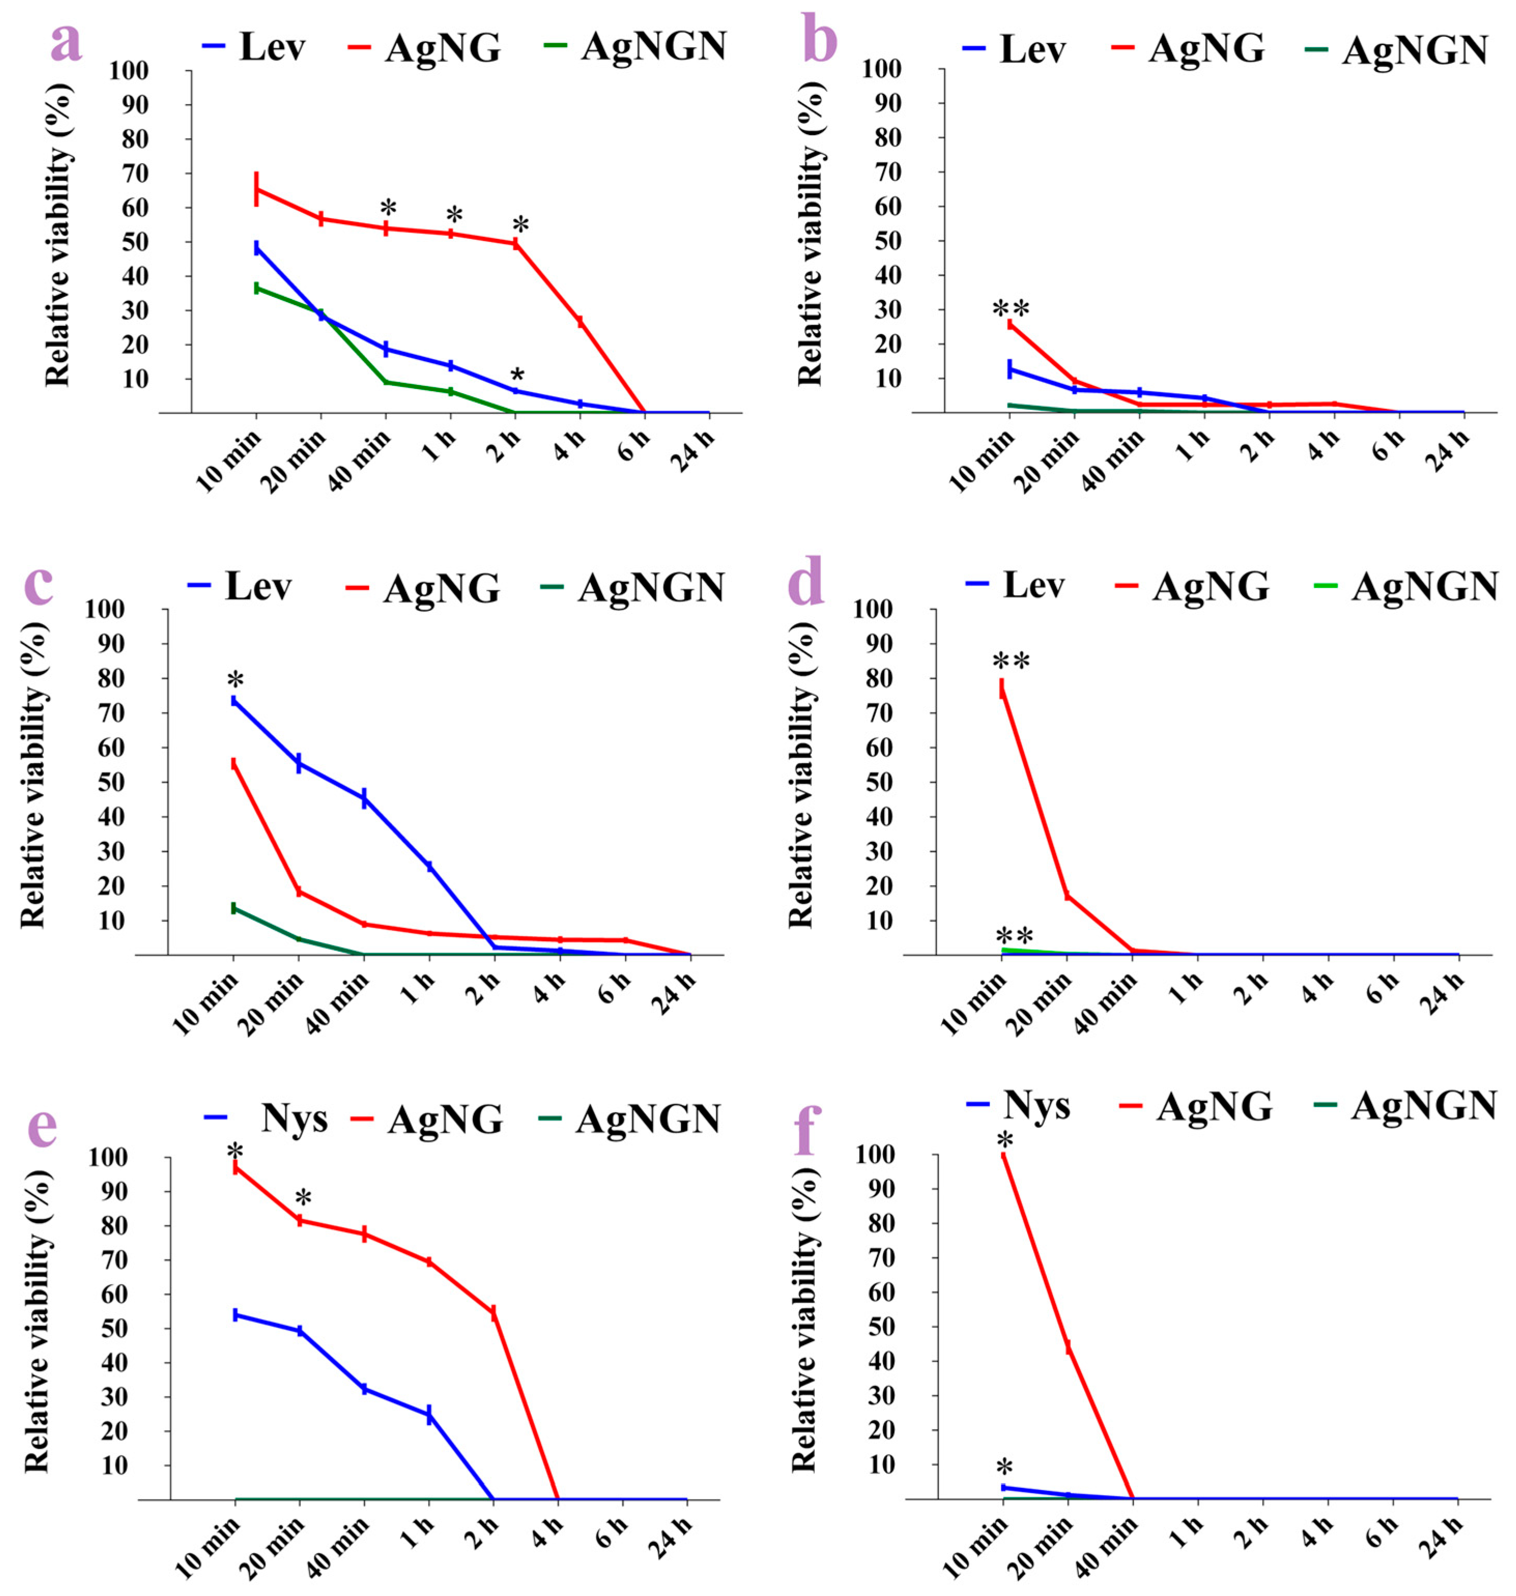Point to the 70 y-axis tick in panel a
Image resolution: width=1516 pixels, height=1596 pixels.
(x=135, y=174)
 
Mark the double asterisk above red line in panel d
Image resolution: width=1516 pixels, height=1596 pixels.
(x=1011, y=663)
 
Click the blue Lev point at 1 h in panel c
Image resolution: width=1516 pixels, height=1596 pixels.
(x=429, y=866)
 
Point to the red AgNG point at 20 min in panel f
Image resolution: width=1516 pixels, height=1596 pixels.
(x=1069, y=1347)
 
